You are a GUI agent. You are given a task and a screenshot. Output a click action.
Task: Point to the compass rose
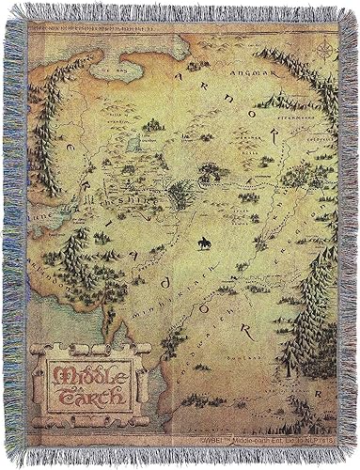(324, 51)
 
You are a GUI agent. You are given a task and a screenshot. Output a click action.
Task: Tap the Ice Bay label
(116, 69)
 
